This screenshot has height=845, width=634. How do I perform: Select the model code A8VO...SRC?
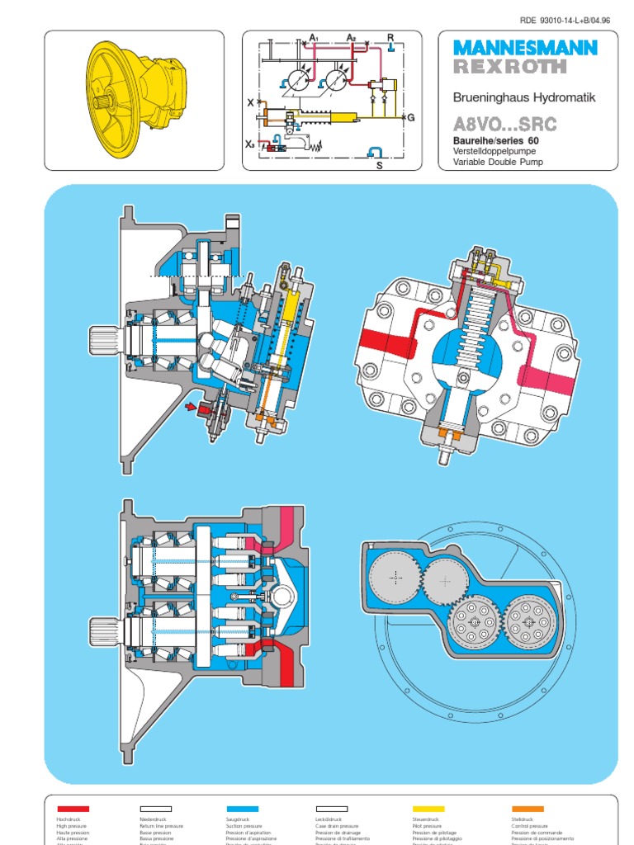pyautogui.click(x=504, y=125)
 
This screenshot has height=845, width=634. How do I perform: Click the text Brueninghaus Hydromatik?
pyautogui.click(x=523, y=97)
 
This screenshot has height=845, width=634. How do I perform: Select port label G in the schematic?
pyautogui.click(x=409, y=118)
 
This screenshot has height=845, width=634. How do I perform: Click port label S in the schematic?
pyautogui.click(x=380, y=165)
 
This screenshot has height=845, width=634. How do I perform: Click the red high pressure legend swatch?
pyautogui.click(x=73, y=809)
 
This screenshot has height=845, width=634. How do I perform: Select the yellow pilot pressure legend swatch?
pyautogui.click(x=428, y=809)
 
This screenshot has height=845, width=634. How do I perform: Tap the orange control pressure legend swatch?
pyautogui.click(x=528, y=809)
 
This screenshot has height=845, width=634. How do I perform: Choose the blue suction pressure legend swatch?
pyautogui.click(x=242, y=809)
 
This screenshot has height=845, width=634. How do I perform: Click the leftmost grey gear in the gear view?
pyautogui.click(x=396, y=578)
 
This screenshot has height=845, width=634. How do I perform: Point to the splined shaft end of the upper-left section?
pyautogui.click(x=105, y=337)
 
